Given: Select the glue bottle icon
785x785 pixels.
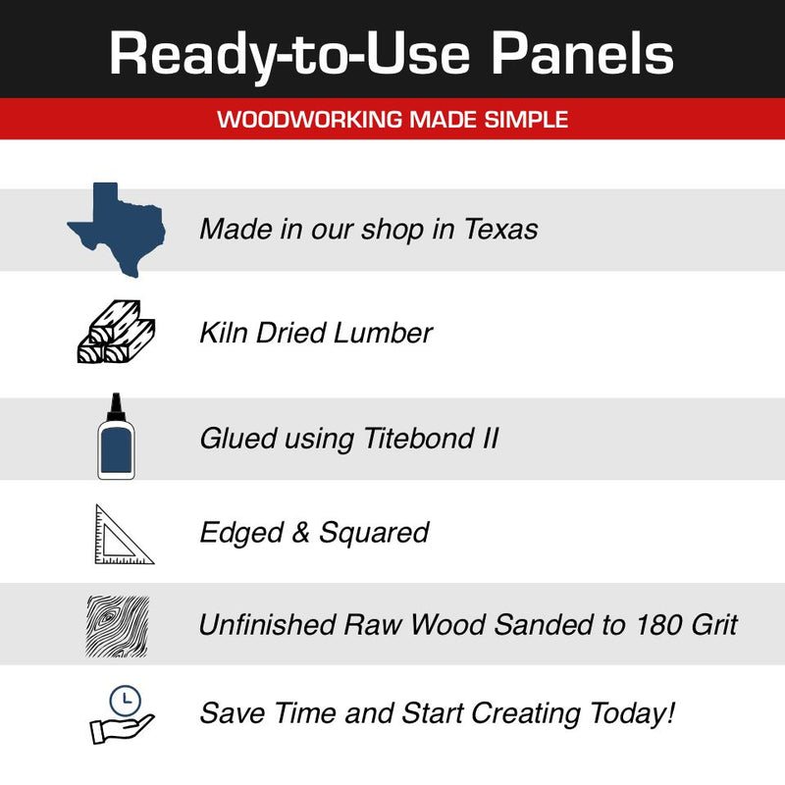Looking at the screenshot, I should pos(116,441).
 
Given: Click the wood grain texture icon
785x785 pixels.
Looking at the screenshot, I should pos(117,624).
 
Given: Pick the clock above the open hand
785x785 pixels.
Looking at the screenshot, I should pos(126,700).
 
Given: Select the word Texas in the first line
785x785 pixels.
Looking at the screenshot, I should pos(500,230).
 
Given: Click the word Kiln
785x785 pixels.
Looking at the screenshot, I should pos(223,332).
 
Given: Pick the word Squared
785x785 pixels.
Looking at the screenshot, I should pos(374,534).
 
